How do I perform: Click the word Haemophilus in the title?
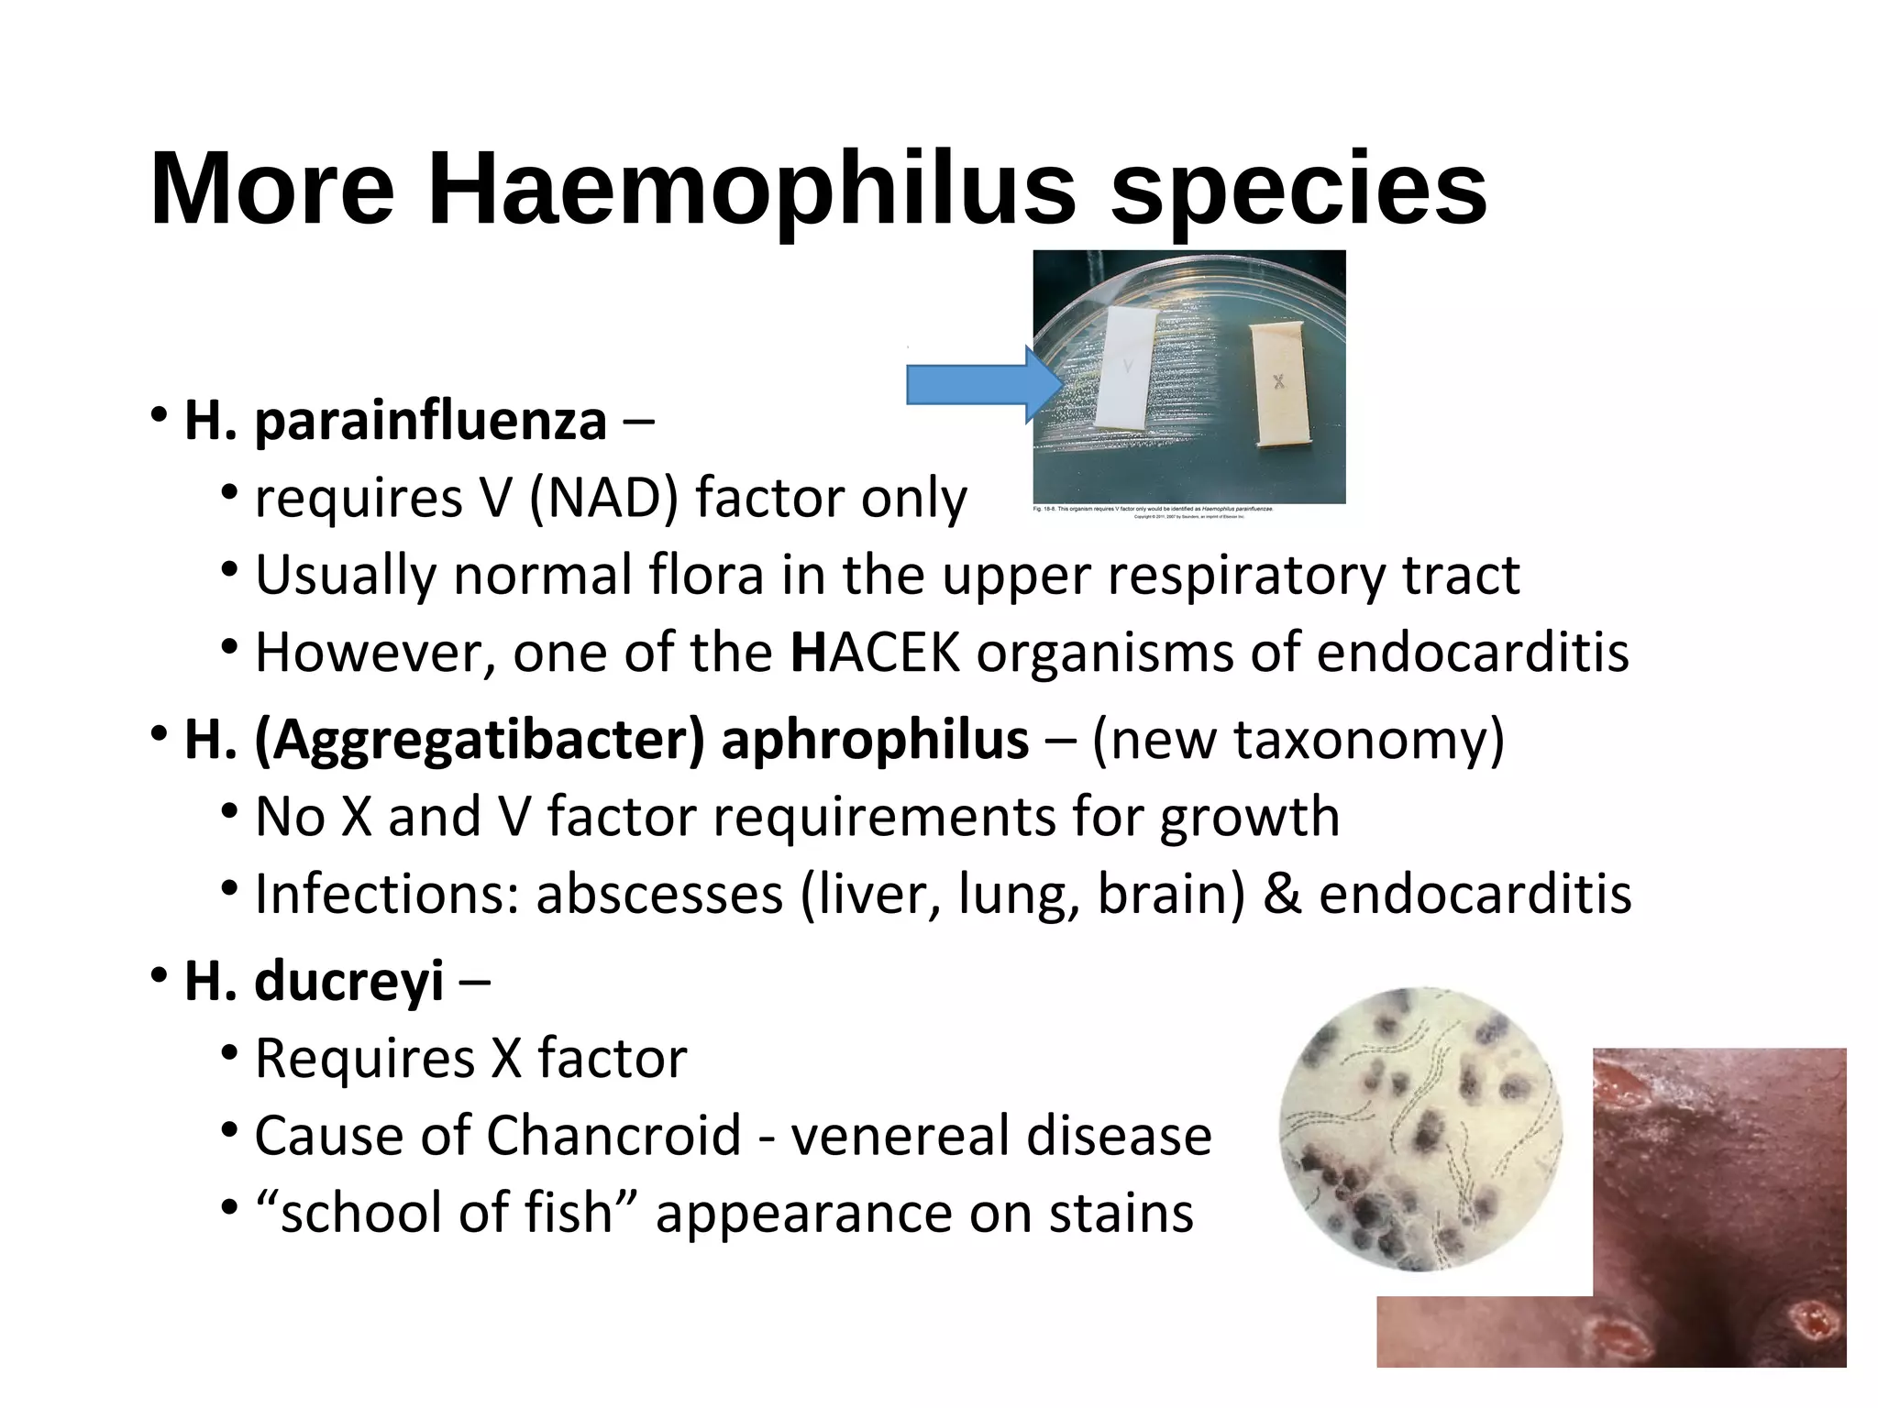point(751,190)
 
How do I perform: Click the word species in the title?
point(1298,190)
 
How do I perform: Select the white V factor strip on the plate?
point(1127,368)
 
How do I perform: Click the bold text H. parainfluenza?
point(395,422)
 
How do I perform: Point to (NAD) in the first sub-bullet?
point(604,500)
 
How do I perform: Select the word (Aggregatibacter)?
point(480,740)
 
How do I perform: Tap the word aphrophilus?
point(875,740)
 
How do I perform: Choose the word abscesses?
point(659,895)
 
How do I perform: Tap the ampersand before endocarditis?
point(1282,895)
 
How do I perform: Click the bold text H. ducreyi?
point(314,982)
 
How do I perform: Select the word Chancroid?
point(613,1136)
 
